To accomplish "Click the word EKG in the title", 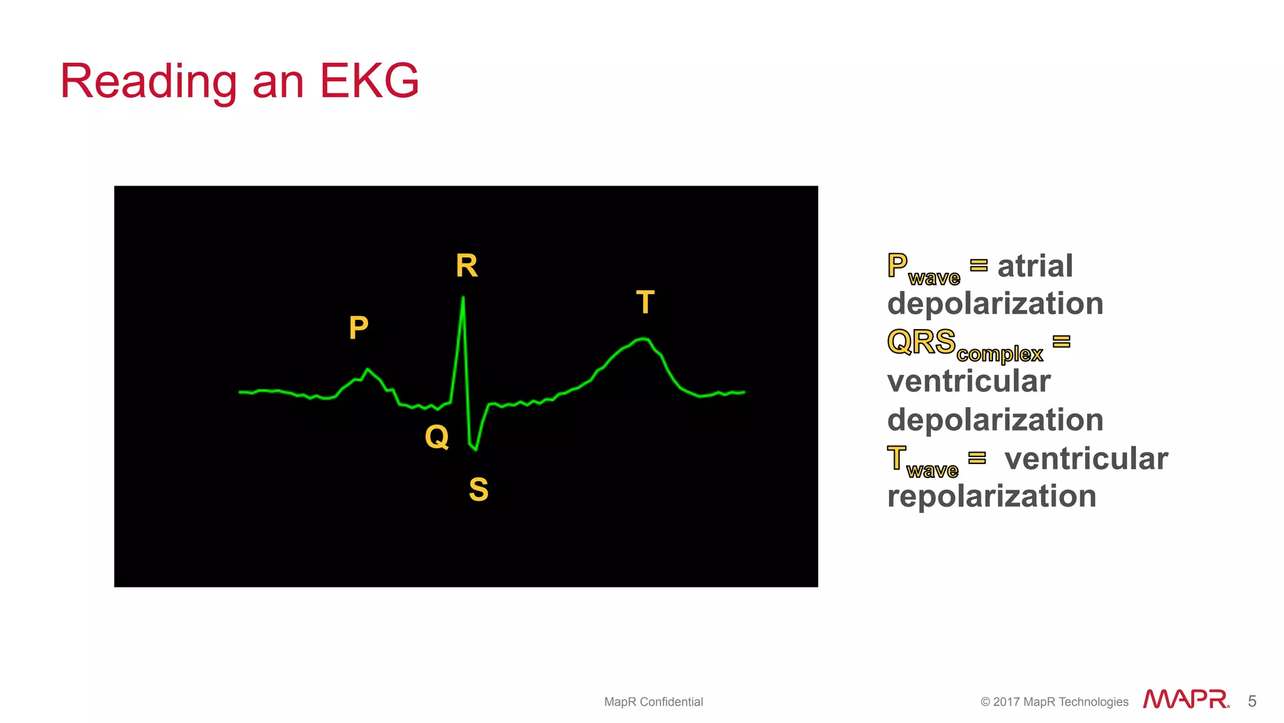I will pos(369,82).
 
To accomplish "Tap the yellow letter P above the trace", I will pos(359,327).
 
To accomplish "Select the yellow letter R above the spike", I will pos(466,266).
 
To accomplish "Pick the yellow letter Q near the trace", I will pos(436,436).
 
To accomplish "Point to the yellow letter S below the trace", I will pos(478,489).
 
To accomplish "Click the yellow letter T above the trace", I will pos(645,302).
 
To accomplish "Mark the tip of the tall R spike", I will pos(463,297).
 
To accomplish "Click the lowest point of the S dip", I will pos(476,450).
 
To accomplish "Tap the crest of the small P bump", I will pos(367,369).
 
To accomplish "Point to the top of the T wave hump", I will pos(643,339).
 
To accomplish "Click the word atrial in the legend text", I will pos(1035,267).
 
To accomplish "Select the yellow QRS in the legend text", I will pos(921,342).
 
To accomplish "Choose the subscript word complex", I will pos(999,354).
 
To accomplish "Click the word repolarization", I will pos(991,496).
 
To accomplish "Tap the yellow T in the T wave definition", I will pos(897,458).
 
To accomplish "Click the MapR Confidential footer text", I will pos(653,702).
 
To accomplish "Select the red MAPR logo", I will pos(1186,699).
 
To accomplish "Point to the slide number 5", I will pos(1252,701).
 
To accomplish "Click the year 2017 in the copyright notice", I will pos(1006,702).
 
